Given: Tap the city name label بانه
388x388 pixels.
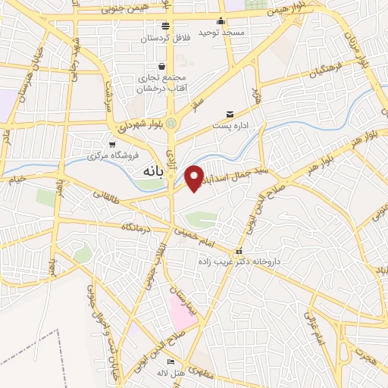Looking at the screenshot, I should click(153, 173).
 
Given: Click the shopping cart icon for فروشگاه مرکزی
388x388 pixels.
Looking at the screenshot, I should click(112, 144).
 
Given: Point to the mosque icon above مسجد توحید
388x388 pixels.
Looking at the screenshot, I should click(221, 21).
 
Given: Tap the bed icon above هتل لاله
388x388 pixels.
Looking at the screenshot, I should click(171, 361).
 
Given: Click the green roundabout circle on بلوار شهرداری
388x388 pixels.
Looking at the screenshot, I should click(172, 123).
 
